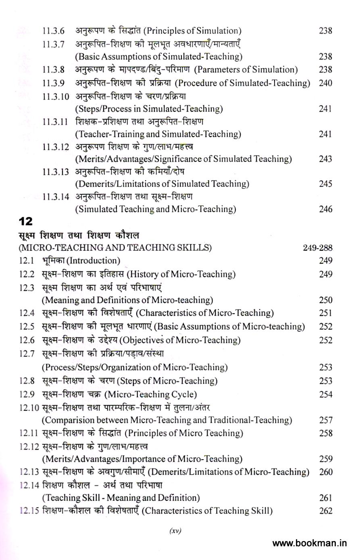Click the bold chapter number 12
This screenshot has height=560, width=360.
[25, 221]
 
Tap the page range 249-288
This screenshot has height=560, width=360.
[318, 248]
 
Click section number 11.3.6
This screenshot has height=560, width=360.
[54, 31]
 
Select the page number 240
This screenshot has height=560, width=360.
[325, 83]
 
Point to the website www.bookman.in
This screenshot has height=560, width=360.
[310, 543]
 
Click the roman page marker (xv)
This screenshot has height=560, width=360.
[175, 531]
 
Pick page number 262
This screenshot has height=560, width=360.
[325, 511]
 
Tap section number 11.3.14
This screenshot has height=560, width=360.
[56, 197]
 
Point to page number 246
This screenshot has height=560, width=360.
[325, 209]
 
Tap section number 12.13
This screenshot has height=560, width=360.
[29, 472]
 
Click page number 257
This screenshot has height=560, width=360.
[325, 420]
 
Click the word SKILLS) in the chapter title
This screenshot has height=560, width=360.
[194, 248]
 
